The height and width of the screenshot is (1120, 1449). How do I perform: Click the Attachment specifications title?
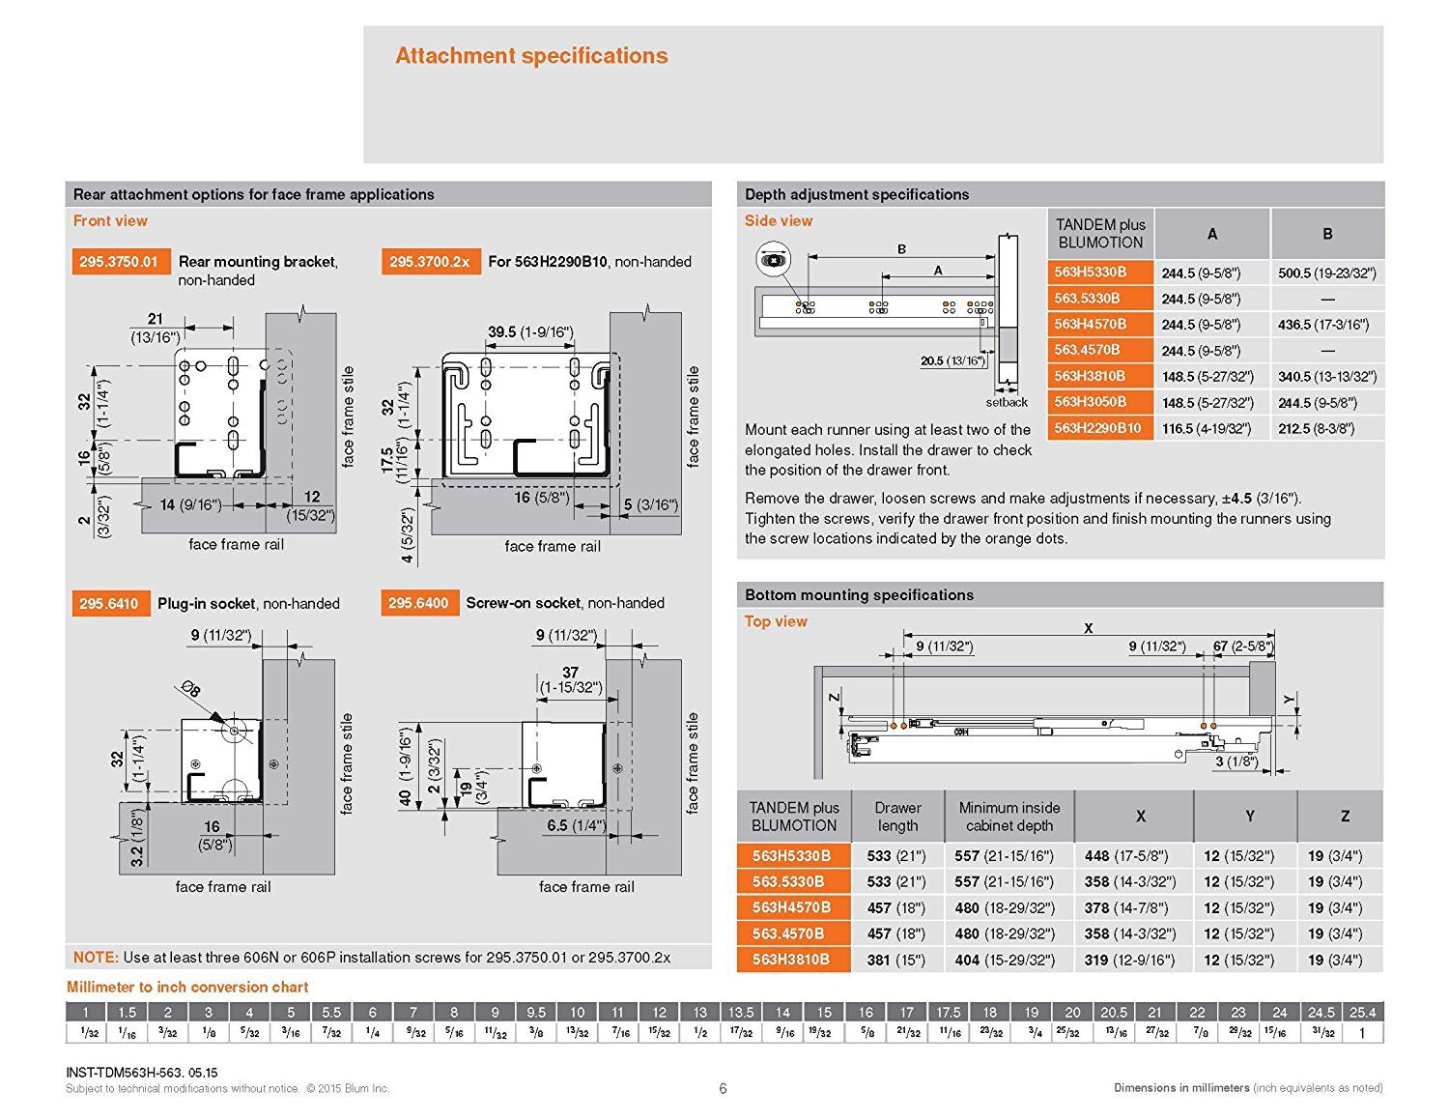(531, 56)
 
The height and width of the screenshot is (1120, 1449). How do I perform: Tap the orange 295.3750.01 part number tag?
(118, 262)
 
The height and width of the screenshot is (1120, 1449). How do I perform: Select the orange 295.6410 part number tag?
(109, 604)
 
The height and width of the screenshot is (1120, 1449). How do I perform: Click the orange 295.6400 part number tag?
(418, 603)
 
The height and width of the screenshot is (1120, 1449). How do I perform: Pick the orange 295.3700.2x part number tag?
(430, 262)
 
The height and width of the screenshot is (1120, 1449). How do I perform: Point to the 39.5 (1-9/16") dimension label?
(530, 332)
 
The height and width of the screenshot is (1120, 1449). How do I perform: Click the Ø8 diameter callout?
(190, 689)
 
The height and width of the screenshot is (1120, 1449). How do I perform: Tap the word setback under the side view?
(1007, 402)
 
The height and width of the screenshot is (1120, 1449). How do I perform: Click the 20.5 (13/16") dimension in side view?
(952, 361)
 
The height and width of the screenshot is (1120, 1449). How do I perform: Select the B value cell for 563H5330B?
(1327, 273)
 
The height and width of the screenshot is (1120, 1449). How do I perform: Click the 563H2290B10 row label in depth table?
(1097, 428)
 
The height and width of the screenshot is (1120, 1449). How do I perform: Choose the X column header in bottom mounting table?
(1141, 817)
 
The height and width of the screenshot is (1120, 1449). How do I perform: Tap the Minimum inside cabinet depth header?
(1009, 817)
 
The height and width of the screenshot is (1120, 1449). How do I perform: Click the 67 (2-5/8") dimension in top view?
(1243, 646)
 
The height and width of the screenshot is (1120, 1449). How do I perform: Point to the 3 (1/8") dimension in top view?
(1236, 761)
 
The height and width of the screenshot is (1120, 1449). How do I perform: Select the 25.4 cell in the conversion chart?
(1362, 1013)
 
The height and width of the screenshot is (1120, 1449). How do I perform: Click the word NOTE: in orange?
(96, 958)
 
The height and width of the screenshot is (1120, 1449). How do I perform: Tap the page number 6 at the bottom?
(723, 1088)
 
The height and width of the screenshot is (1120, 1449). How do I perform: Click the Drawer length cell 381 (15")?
(896, 961)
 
